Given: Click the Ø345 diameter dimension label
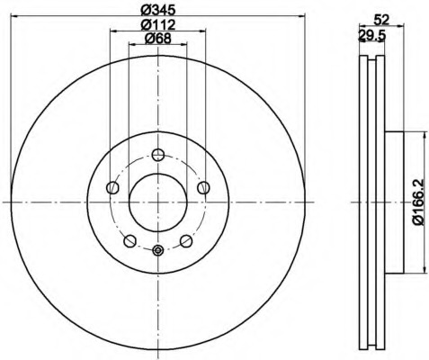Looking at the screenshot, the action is (157, 10).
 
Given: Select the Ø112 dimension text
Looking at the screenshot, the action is (157, 24).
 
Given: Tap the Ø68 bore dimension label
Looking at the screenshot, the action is (157, 38).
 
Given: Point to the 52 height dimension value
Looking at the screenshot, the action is (381, 20).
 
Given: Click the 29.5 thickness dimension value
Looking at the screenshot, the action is (371, 36).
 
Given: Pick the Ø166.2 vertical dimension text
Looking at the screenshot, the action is (417, 202).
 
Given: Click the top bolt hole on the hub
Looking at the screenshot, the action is (158, 155).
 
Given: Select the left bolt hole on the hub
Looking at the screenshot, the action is (112, 188).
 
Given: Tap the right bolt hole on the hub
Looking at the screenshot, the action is (203, 188).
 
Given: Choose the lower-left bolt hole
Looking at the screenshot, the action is (130, 241).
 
